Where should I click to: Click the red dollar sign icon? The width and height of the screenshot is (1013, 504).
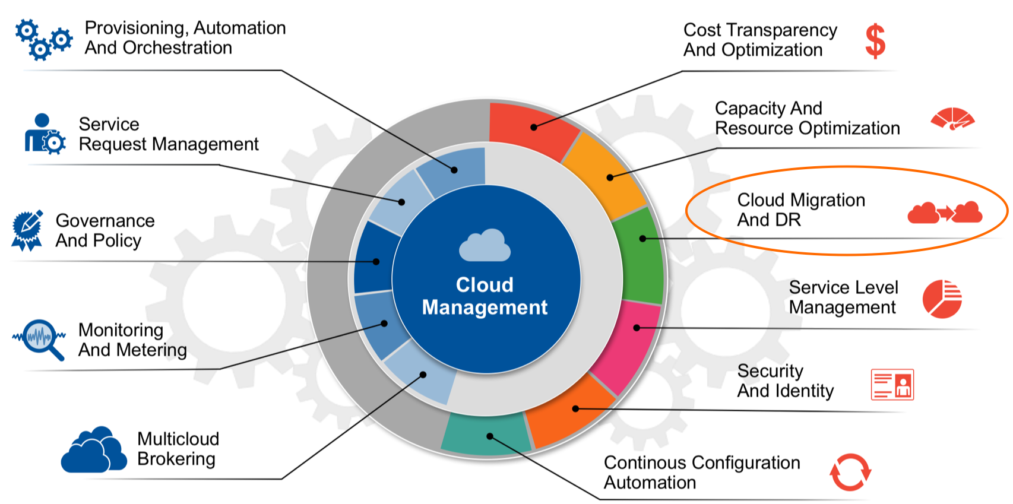coord(875,41)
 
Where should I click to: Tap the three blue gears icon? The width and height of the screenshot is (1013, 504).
coord(43,40)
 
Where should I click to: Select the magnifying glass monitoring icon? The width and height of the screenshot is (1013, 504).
coord(39,340)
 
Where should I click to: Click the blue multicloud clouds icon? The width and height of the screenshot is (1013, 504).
coord(94,449)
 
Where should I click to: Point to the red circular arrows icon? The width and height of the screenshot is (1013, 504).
coord(850,472)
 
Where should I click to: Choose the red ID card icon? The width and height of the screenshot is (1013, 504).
coord(892,385)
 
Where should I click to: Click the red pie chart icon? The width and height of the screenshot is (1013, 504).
coord(942,299)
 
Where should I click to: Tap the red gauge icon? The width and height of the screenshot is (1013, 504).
coord(952,119)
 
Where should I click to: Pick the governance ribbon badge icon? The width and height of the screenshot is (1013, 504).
coord(27,230)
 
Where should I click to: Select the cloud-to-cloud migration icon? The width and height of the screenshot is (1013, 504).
coord(945,213)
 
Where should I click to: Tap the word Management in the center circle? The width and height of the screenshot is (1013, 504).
coord(485,308)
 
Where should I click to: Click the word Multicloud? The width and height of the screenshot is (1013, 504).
coord(178,439)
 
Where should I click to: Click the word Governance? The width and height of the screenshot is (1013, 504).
coord(105,221)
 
